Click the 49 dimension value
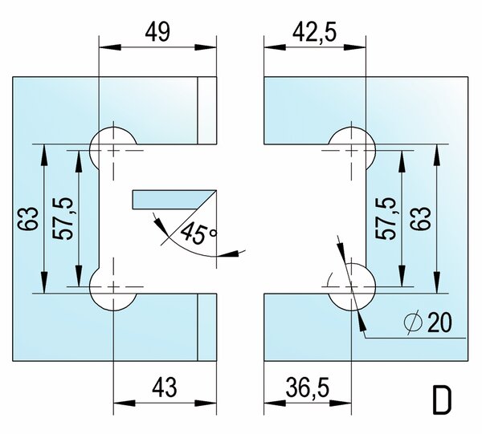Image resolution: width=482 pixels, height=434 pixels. (157, 33)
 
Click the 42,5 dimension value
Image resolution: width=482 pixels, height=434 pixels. (314, 33)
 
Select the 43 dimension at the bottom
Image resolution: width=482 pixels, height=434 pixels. (165, 387)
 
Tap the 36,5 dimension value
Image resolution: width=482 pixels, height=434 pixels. (308, 387)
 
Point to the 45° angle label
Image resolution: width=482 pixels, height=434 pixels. (198, 233)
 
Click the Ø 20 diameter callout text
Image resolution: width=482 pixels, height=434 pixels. (428, 322)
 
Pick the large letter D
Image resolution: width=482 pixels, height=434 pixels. (443, 400)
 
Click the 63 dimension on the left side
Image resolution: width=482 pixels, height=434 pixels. (28, 218)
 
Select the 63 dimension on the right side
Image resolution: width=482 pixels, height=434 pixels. (420, 218)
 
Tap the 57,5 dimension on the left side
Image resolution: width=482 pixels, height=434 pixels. (63, 218)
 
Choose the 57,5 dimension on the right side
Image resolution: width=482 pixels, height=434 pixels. (386, 218)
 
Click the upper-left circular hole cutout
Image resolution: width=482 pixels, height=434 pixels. (113, 150)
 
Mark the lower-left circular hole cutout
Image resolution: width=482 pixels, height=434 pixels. (113, 286)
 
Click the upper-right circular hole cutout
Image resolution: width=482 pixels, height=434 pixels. (352, 150)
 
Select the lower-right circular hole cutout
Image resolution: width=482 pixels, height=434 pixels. (352, 286)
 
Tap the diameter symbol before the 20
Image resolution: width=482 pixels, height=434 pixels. (413, 322)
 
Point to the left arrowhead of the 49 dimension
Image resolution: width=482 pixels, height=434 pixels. (110, 47)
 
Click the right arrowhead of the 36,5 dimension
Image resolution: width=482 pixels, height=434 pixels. (341, 403)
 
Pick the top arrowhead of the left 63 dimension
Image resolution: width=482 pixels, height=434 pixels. (44, 155)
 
